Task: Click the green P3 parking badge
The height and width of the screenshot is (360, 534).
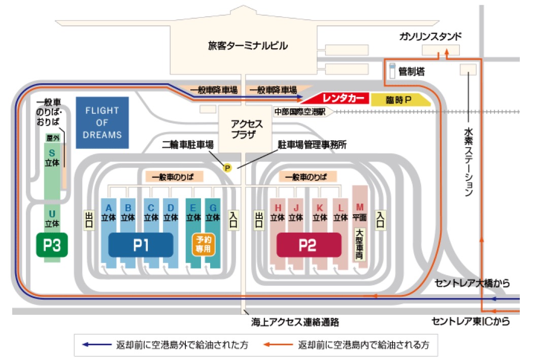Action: (52, 245)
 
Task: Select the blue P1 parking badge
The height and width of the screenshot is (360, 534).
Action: (141, 246)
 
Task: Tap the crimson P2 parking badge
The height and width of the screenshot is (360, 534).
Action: (308, 246)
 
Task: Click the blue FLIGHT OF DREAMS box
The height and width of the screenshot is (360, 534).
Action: (102, 122)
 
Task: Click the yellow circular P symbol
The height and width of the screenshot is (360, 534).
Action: (227, 167)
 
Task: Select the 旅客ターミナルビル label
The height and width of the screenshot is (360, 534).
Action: (248, 46)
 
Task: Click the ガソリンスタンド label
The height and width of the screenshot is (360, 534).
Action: (430, 36)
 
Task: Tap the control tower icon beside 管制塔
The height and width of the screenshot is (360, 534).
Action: (391, 70)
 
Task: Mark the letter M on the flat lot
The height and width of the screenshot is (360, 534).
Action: (360, 207)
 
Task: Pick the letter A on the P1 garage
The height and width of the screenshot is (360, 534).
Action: (108, 207)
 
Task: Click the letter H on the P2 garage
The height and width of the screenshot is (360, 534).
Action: (278, 207)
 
